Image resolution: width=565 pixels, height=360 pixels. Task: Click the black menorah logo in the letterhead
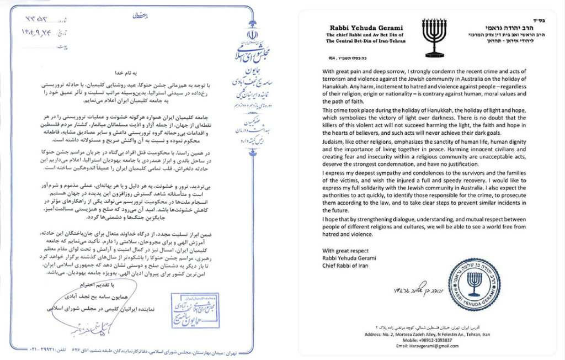coord(434,38)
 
